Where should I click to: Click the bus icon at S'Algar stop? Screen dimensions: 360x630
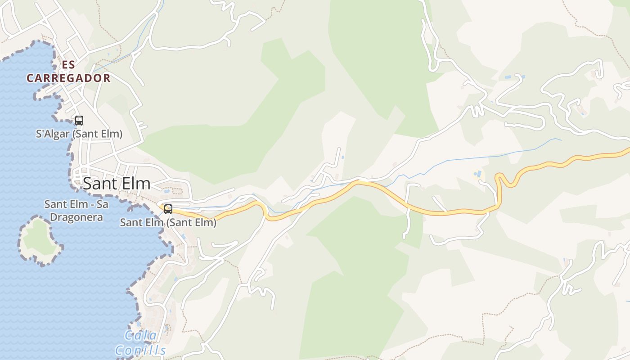click(79, 120)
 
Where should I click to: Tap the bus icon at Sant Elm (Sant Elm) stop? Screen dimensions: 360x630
click(168, 209)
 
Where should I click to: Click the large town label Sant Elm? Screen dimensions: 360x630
click(117, 184)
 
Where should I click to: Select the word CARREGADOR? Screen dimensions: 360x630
click(68, 78)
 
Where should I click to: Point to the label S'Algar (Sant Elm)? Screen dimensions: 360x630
click(79, 134)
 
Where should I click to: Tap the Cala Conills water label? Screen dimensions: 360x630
click(140, 343)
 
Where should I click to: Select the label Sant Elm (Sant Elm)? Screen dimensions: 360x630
click(168, 222)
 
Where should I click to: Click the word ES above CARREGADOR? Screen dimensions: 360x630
click(68, 64)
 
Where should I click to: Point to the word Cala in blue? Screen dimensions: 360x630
click(140, 335)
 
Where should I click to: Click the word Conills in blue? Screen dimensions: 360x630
click(140, 351)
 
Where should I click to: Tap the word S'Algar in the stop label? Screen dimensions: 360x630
click(53, 134)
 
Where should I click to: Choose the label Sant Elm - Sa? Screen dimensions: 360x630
click(76, 204)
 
